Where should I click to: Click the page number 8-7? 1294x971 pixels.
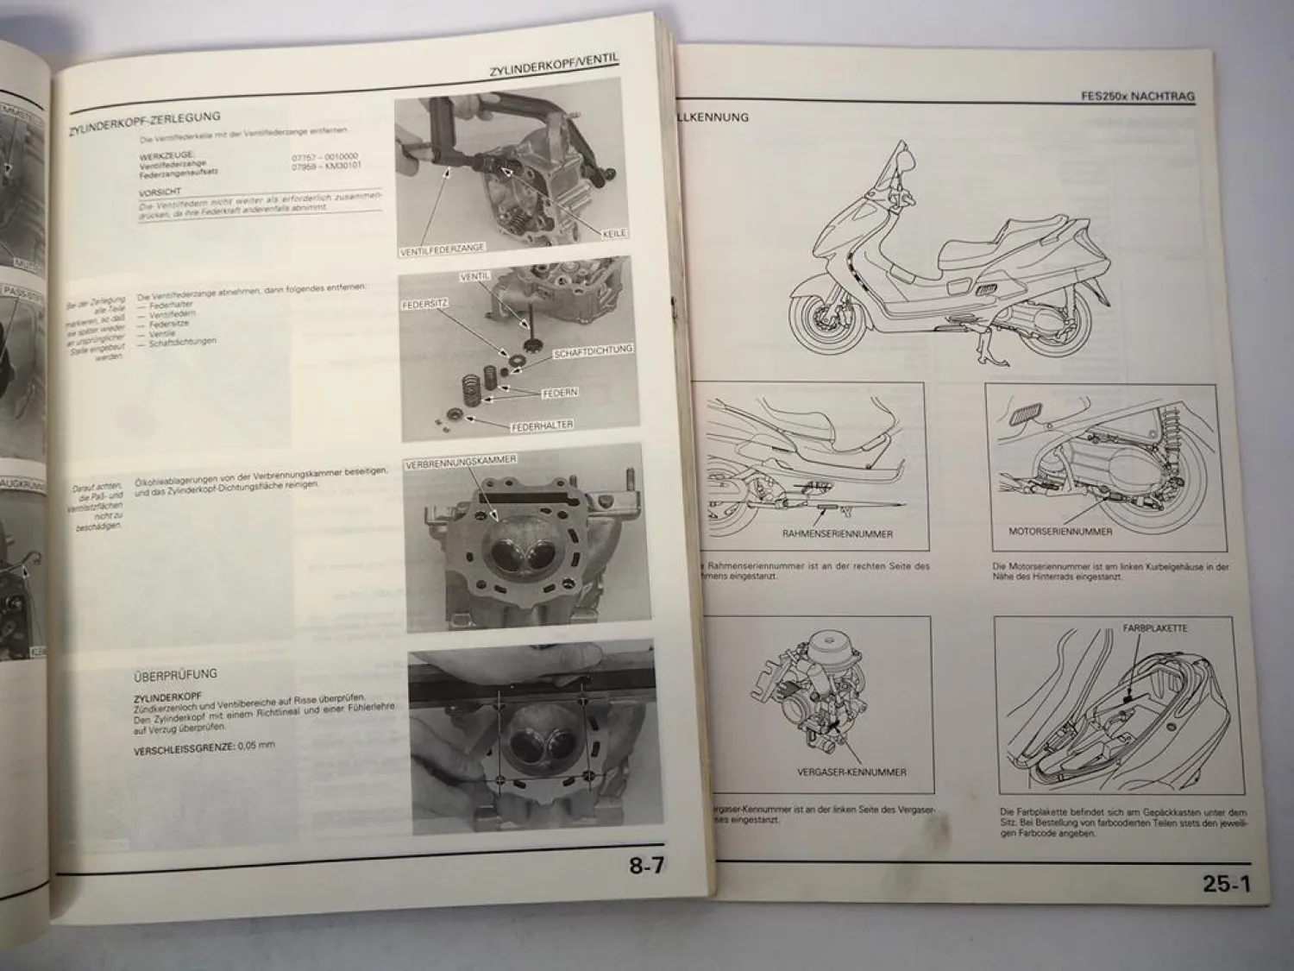point(646,866)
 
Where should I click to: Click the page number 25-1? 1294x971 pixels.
point(1226,884)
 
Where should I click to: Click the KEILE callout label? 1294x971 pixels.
point(615,233)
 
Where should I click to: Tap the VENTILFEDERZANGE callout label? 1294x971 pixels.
point(443,249)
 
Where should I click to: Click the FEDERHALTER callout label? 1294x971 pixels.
point(542,426)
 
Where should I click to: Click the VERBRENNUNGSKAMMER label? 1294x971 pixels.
point(461,461)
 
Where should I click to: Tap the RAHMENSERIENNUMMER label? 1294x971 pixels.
point(825,533)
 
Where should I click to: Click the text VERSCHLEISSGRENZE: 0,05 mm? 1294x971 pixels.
point(204,747)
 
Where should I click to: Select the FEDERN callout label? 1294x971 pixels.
point(560,393)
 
